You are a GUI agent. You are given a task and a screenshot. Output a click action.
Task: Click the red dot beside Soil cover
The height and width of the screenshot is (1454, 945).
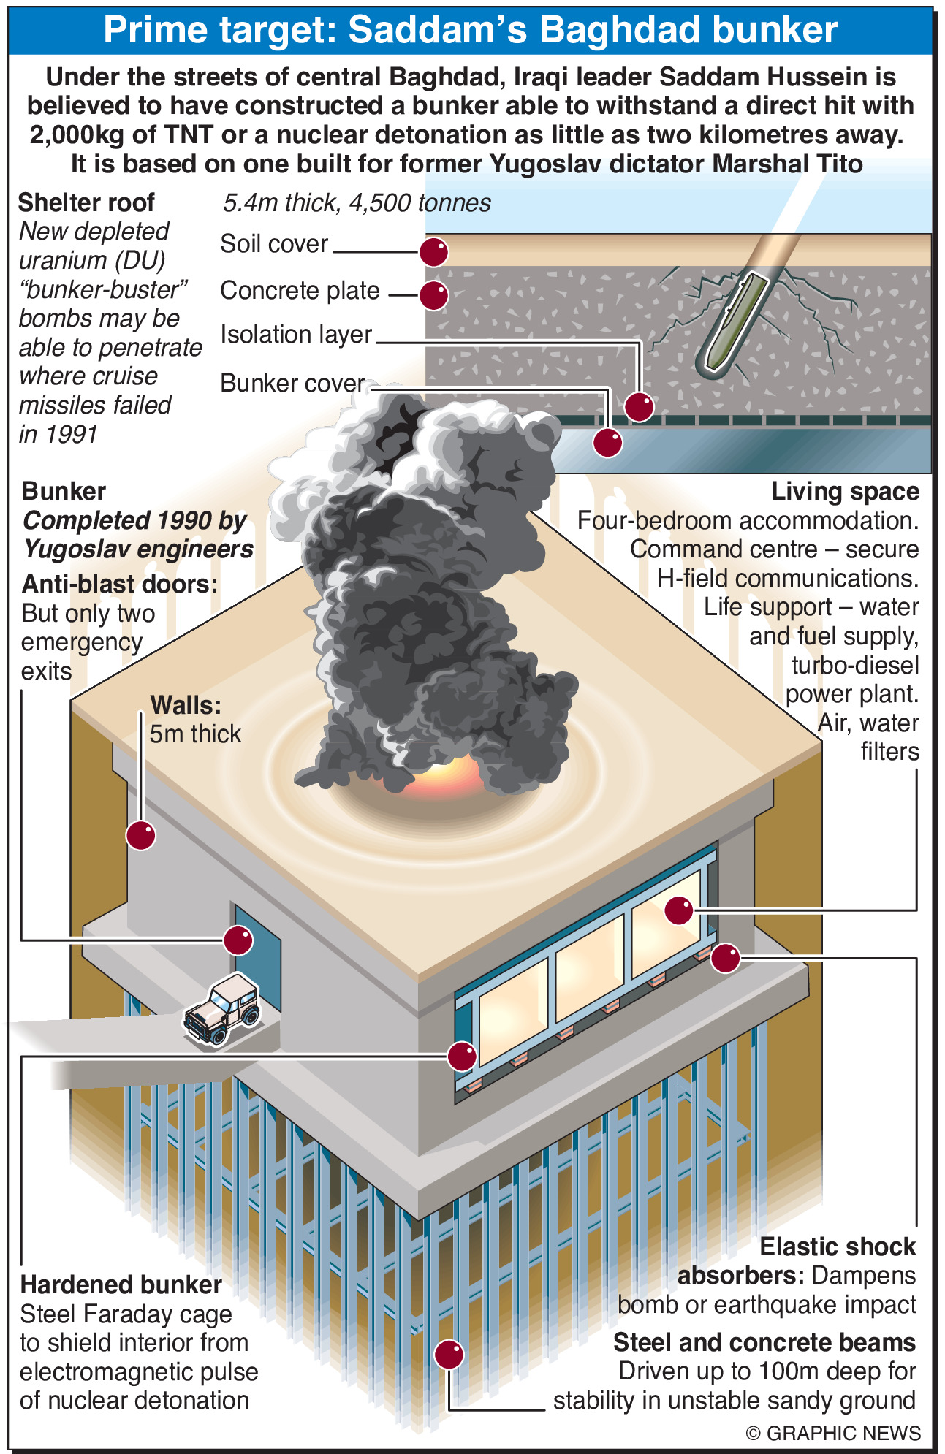pos(433,252)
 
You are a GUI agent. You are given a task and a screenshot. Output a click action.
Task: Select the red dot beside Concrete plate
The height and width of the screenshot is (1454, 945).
pos(433,295)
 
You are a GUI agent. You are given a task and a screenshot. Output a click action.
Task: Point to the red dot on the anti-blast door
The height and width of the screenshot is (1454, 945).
pos(238,940)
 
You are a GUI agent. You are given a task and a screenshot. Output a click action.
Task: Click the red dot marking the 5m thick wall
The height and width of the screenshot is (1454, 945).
pos(141,835)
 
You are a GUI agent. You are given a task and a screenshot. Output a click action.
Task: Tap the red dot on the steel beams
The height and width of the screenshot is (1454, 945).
pos(449,1354)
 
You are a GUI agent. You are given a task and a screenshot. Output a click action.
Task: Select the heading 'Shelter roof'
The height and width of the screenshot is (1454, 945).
pos(86,203)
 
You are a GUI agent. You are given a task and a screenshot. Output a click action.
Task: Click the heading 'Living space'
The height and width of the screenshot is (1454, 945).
pos(845,492)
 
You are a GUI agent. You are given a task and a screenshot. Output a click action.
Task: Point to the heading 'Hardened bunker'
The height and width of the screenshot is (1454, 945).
pos(121,1284)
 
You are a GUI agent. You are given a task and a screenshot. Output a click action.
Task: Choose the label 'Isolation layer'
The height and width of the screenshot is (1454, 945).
pos(296,335)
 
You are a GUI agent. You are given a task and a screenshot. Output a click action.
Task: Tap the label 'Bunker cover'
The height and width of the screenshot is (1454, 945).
pos(292,383)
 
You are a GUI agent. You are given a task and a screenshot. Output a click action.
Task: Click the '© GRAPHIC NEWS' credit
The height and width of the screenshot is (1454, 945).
pos(832,1433)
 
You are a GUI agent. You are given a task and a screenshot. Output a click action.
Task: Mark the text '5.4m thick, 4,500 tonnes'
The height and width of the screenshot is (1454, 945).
pos(357,203)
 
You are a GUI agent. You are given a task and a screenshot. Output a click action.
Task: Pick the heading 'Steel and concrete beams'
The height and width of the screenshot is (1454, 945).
pos(764,1342)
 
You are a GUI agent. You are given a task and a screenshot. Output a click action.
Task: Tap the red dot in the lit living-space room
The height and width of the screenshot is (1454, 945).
pos(678,910)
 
